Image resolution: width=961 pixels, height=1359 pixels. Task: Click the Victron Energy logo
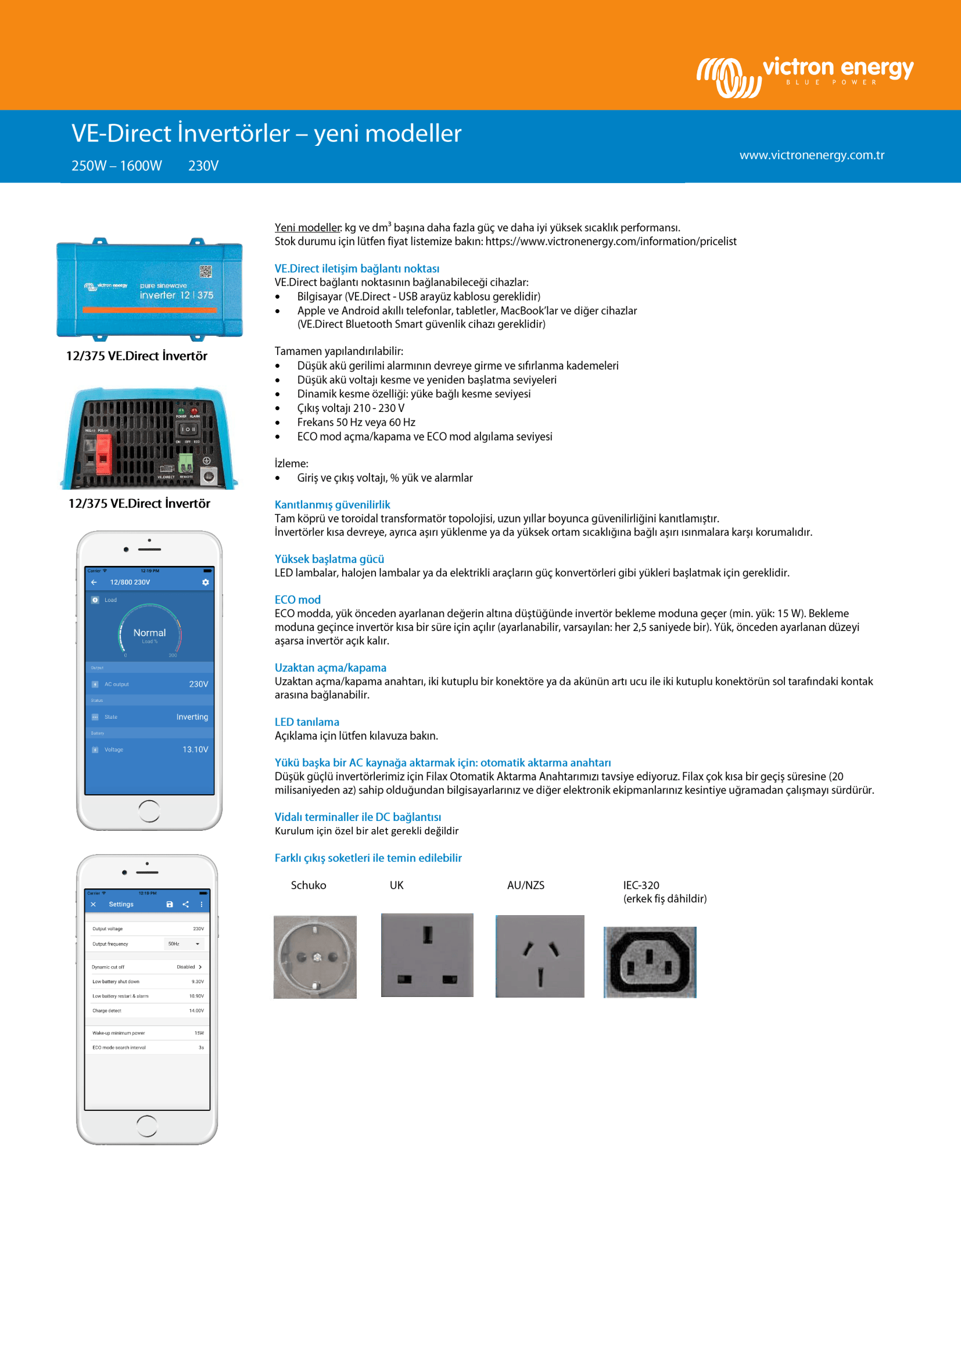(805, 75)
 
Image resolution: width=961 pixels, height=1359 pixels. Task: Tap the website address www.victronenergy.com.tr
(811, 155)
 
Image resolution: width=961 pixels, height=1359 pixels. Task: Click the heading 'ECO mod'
(297, 600)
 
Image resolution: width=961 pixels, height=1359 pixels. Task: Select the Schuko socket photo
(315, 956)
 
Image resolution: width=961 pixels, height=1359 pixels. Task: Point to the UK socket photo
(426, 955)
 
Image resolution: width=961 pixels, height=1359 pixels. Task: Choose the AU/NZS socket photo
(539, 956)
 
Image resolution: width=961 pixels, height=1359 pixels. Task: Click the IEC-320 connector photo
(649, 962)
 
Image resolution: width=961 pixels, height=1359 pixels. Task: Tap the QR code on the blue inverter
(205, 272)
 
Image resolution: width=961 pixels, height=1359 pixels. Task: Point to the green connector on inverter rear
(186, 462)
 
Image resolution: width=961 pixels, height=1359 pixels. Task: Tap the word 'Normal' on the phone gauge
(149, 633)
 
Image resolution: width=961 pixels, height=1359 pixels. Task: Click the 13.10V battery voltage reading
(195, 750)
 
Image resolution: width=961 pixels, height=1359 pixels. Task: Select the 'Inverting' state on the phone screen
(192, 717)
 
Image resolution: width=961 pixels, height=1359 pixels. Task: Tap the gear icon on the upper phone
(205, 582)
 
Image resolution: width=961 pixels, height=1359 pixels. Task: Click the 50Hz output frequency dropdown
(184, 944)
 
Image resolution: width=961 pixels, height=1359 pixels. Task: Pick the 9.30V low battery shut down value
(197, 981)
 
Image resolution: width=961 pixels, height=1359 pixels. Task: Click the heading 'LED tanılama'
(307, 722)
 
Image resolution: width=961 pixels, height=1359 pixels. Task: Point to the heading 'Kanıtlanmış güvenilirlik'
(332, 505)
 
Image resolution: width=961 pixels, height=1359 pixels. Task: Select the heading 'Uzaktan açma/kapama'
(330, 668)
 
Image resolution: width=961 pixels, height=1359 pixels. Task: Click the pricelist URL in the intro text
(611, 242)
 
